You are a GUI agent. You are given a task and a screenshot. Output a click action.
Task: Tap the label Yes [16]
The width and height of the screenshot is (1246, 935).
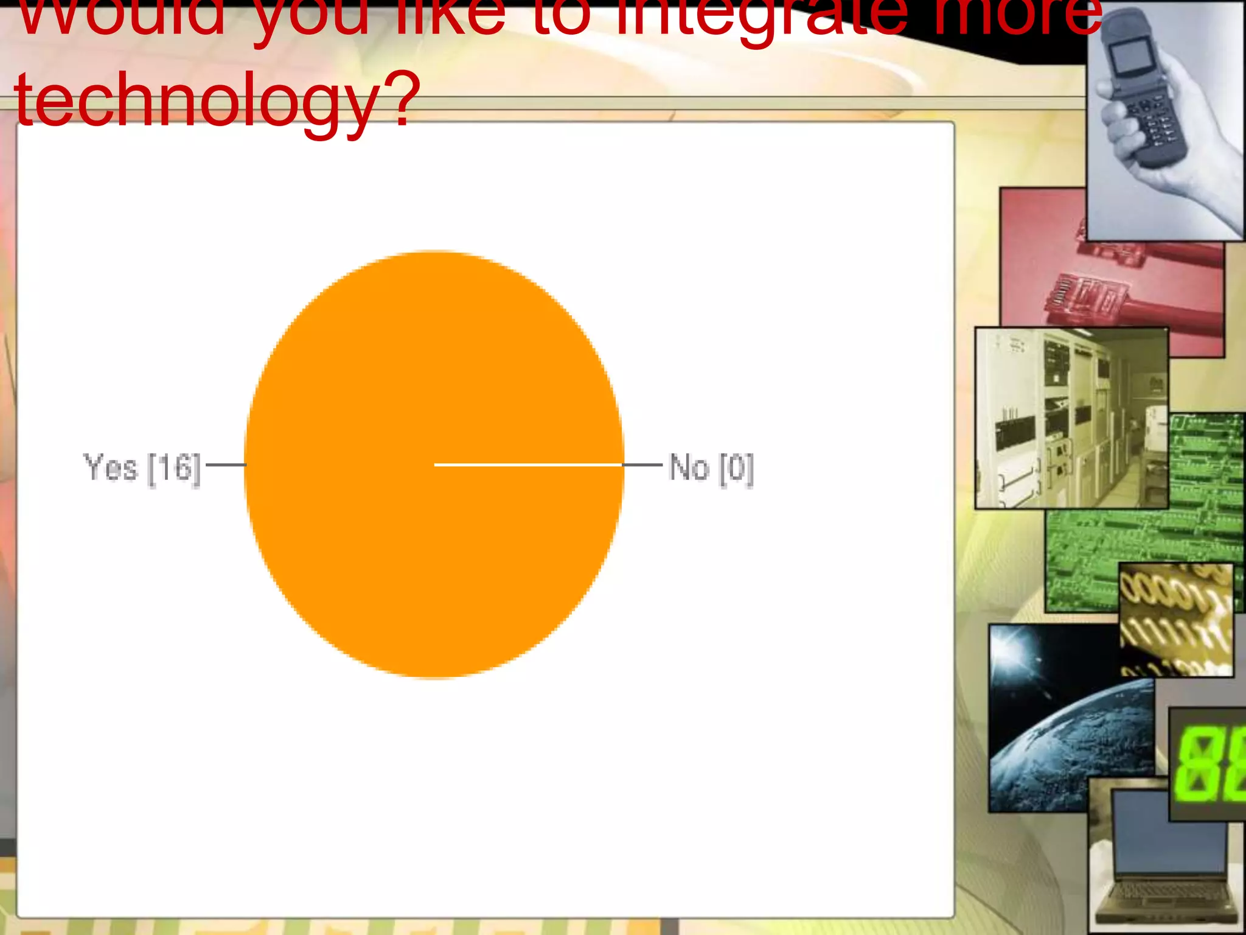click(x=142, y=467)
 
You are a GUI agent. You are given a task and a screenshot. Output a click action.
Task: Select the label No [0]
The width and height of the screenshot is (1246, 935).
click(x=711, y=468)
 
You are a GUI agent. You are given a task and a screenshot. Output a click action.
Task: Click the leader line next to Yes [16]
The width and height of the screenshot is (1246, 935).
click(x=226, y=465)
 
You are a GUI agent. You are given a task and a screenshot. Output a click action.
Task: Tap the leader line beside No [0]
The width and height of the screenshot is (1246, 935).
click(x=642, y=465)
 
